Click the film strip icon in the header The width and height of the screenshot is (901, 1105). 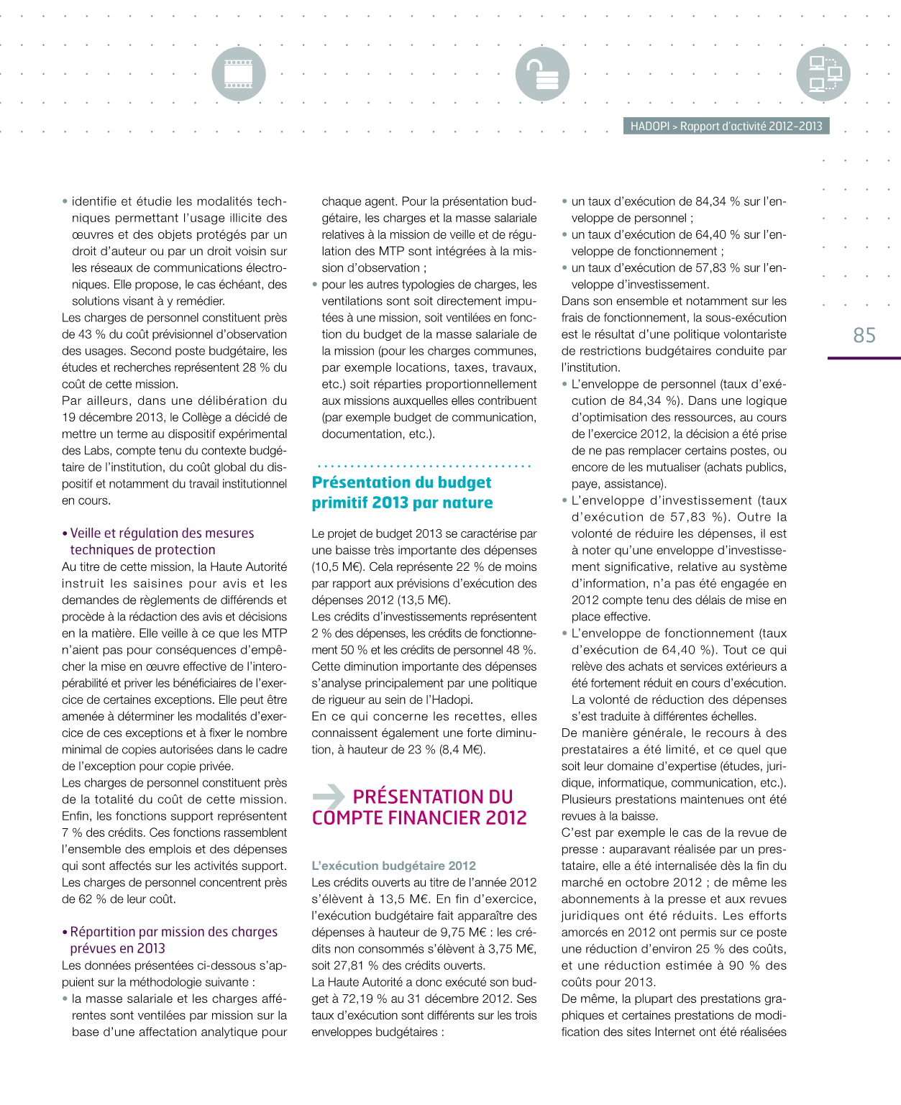click(238, 74)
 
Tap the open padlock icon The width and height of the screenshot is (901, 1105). click(542, 74)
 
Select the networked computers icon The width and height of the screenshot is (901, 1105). click(823, 74)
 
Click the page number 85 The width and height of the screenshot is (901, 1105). click(864, 335)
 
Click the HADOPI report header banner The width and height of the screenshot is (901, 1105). click(726, 126)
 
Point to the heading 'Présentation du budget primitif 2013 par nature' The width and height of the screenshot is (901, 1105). click(402, 492)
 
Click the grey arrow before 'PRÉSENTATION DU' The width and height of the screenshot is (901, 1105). click(329, 796)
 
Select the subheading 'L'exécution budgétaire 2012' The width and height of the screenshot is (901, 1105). click(393, 866)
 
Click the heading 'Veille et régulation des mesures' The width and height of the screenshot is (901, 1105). click(162, 533)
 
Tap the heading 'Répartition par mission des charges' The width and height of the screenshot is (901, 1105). click(173, 932)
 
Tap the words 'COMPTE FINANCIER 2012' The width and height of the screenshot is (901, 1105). click(419, 817)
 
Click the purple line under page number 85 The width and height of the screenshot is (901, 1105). click(864, 357)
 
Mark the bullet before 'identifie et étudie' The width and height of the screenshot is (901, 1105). click(65, 202)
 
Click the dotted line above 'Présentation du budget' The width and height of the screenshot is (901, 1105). click(424, 466)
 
